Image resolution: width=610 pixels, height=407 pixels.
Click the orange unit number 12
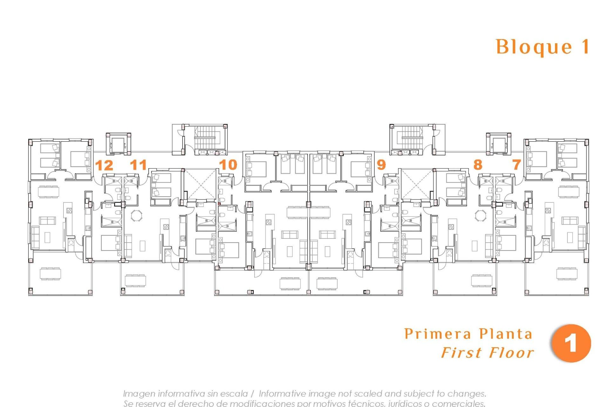coord(104,165)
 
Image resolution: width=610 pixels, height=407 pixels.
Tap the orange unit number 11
coord(139,165)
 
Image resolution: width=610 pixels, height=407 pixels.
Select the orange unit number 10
coord(228,165)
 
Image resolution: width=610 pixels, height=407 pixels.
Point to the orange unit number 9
coord(381,165)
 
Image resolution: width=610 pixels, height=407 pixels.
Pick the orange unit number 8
coord(478,165)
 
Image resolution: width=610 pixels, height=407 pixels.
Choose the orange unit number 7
coord(517,165)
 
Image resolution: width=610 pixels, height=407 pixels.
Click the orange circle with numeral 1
coord(571,343)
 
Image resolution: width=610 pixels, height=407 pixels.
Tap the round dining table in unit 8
coord(480,216)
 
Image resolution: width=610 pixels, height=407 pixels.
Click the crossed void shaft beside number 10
coord(200,184)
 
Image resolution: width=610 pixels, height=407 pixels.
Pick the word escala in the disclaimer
coord(234,394)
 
